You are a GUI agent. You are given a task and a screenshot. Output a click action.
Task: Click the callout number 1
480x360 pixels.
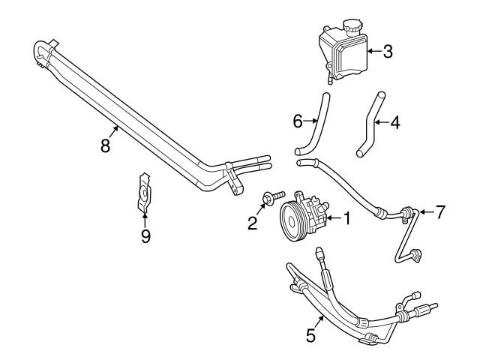[x=347, y=218]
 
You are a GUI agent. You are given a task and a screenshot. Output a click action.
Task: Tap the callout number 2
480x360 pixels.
[x=253, y=222]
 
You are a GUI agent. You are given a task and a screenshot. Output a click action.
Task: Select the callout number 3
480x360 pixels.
[x=388, y=52]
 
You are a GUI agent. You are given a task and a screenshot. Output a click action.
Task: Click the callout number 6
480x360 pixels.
[x=298, y=120]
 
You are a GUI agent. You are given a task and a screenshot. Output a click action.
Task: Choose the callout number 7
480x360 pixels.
[x=440, y=212]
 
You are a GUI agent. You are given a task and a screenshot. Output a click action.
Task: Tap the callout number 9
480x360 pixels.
[x=145, y=236]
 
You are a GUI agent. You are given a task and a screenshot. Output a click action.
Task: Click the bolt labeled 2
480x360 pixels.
[x=272, y=198]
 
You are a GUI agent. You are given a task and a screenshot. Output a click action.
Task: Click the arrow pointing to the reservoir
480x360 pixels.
[x=373, y=52]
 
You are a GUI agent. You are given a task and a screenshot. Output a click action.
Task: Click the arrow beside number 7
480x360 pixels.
[x=424, y=212]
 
